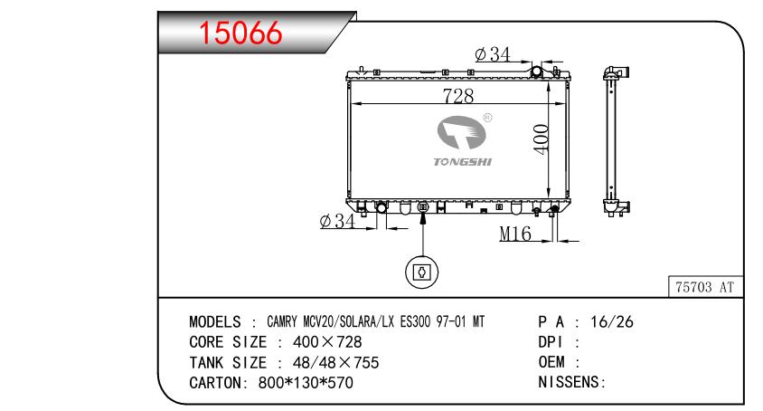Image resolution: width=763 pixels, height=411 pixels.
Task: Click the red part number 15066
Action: (x=240, y=33)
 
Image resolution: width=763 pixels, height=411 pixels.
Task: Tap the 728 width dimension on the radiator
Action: (x=458, y=96)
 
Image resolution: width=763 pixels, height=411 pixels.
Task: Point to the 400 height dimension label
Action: (x=542, y=139)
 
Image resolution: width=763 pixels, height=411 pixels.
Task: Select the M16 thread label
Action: (x=515, y=234)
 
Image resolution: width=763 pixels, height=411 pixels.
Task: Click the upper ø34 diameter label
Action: (x=493, y=54)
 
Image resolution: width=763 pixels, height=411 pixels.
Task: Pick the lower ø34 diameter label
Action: (x=338, y=221)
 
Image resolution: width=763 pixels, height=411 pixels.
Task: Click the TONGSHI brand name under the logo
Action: (x=462, y=162)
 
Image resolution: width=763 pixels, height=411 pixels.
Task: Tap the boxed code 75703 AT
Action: (x=704, y=287)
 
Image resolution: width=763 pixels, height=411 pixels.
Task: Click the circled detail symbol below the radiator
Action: (x=422, y=272)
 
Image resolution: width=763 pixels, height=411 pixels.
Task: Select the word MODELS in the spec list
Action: (x=215, y=321)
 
